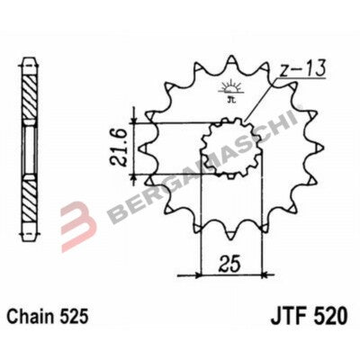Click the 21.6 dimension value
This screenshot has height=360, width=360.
tap(118, 148)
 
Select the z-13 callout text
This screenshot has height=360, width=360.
tap(302, 69)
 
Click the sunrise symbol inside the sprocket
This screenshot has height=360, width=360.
tap(229, 88)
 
